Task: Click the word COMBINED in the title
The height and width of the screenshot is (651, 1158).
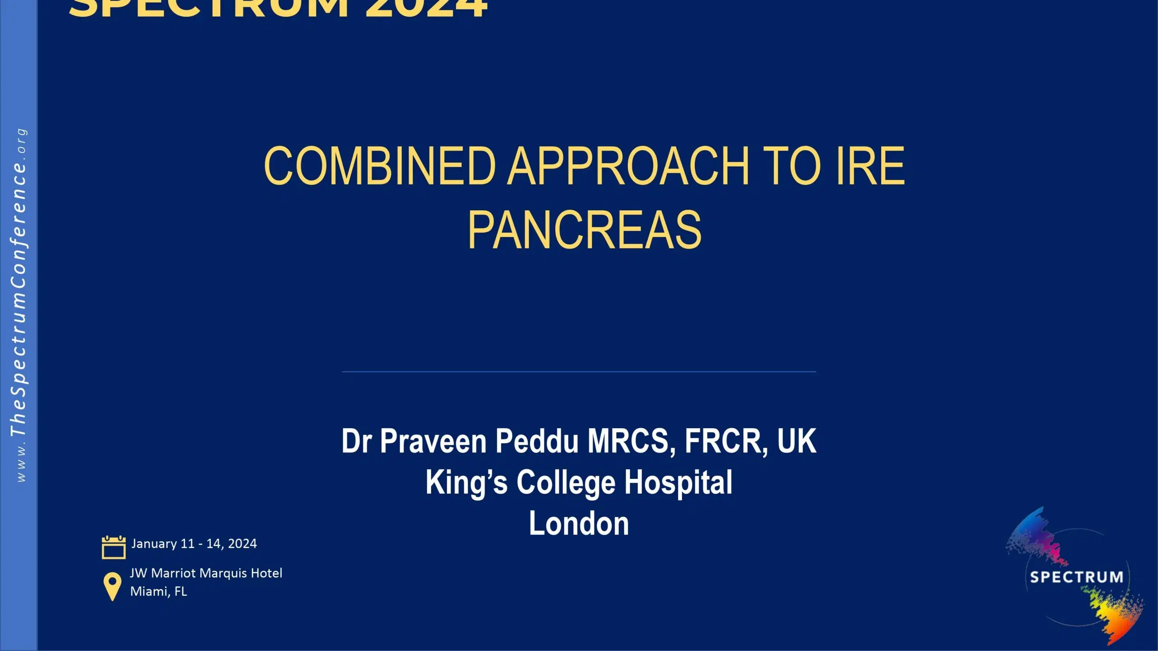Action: point(380,166)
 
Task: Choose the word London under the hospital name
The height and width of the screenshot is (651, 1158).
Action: point(579,524)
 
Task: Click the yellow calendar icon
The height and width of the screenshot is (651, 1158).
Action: point(114,547)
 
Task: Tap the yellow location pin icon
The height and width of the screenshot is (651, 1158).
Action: point(112,586)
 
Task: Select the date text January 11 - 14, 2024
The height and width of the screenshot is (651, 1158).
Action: point(194,543)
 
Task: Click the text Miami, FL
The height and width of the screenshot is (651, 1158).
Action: point(158,591)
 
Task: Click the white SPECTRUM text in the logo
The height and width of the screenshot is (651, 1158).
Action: point(1077,577)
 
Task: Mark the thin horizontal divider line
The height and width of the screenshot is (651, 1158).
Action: point(579,372)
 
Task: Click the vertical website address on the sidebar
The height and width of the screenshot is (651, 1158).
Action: point(19,305)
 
